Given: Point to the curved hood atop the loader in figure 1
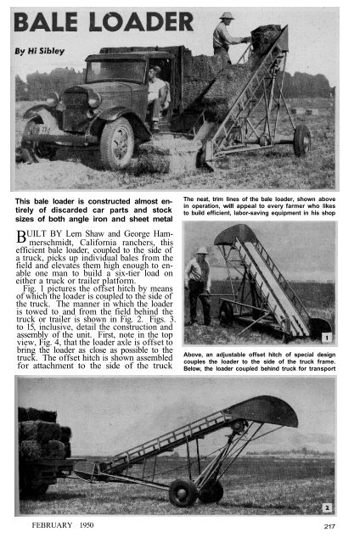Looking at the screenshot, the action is (x=236, y=233).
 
